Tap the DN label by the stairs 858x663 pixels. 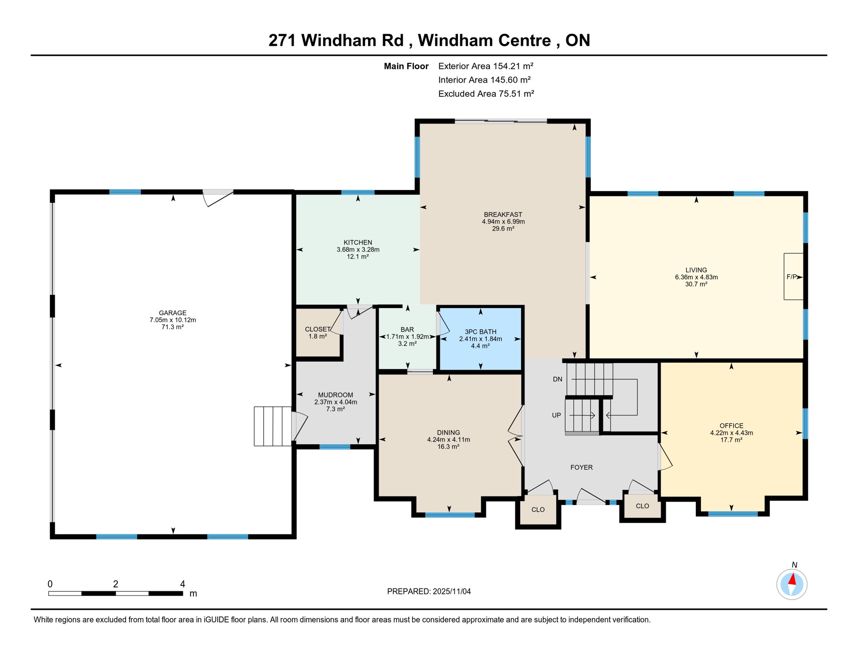coord(558,379)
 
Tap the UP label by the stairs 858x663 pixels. coord(557,415)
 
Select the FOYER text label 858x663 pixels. coord(581,467)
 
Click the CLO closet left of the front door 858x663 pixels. coord(538,510)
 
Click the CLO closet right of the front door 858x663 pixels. coord(643,506)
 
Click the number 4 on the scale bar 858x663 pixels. coord(183,584)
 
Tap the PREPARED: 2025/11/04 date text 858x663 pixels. coord(429,592)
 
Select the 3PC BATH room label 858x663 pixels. coord(480,332)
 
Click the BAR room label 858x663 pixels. coord(407,330)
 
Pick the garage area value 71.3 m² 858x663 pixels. coord(173,327)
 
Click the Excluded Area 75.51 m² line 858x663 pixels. coord(486,94)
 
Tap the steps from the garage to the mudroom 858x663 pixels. coord(272,426)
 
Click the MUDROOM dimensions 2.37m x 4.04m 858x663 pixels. coord(336,402)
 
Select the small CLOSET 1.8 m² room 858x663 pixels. coord(318,332)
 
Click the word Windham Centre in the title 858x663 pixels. coord(484,40)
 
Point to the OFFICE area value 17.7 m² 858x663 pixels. coord(732,440)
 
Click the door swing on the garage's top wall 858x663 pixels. coord(218,197)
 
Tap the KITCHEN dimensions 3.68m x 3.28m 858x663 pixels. coord(358,249)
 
